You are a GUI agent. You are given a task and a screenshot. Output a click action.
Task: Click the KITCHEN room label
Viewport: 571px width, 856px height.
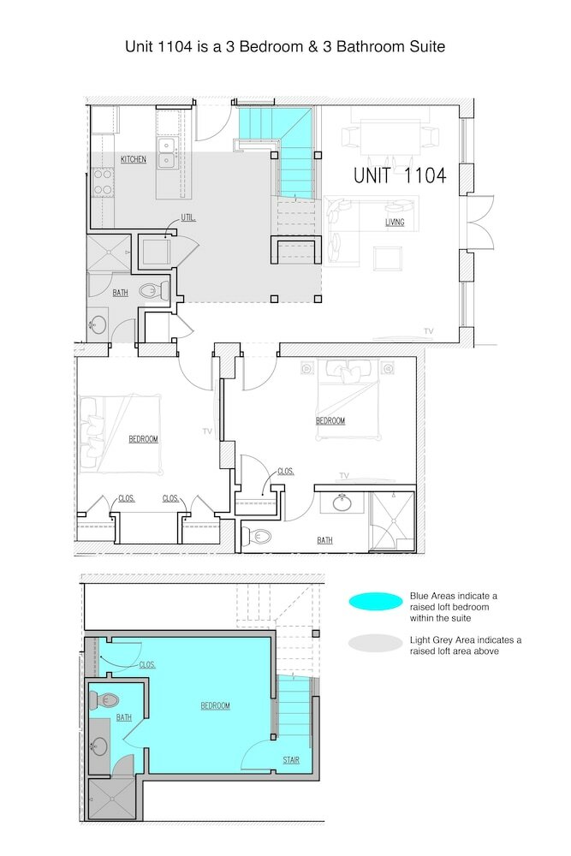(134, 159)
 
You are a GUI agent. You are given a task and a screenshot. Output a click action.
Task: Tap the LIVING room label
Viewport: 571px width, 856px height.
(395, 223)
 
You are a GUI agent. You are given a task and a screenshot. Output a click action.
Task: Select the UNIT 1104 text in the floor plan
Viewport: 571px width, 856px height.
(400, 175)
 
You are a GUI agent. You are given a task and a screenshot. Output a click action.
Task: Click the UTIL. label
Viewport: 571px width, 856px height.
(188, 218)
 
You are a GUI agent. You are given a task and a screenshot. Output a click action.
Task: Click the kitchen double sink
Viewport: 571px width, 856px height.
(167, 153)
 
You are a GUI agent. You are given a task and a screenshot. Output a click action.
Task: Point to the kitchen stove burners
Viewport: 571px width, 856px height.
(103, 183)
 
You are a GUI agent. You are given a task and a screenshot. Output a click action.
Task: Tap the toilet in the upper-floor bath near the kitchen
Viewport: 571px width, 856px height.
(153, 290)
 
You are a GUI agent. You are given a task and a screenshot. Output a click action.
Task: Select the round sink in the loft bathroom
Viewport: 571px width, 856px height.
(99, 746)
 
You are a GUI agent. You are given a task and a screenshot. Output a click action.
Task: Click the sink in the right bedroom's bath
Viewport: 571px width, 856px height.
(342, 502)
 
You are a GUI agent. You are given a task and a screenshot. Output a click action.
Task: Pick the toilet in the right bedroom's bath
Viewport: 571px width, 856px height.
(257, 537)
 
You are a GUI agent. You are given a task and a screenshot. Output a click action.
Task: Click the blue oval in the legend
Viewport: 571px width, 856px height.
(376, 602)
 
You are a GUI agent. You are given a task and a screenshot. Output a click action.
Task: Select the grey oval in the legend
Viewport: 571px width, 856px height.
(376, 643)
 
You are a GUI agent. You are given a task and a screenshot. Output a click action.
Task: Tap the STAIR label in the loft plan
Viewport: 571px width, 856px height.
(291, 760)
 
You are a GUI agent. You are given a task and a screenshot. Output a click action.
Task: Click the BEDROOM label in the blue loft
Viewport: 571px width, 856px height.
(215, 706)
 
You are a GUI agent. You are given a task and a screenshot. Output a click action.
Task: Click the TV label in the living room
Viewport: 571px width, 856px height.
(429, 331)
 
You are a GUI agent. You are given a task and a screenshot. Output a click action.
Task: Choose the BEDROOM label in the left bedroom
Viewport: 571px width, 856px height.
(144, 439)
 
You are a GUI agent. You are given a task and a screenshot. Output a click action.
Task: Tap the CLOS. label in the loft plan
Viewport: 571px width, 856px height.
(147, 665)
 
